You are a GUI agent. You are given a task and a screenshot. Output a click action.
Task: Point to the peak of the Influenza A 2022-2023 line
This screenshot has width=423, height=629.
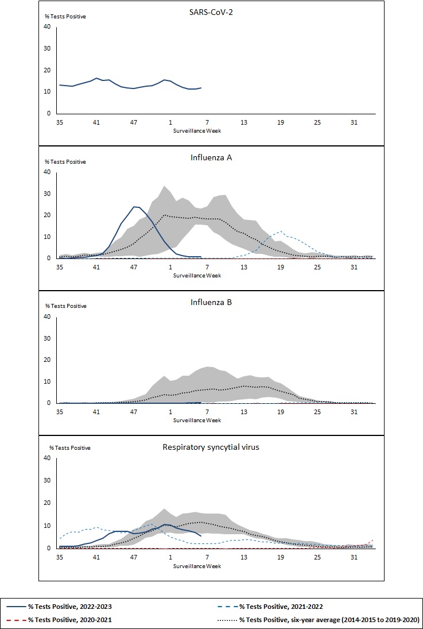134,207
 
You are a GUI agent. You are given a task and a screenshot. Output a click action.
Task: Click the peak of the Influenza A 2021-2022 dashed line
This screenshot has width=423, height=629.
280,231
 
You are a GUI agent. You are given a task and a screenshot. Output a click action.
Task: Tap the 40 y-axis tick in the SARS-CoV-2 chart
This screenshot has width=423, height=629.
47,26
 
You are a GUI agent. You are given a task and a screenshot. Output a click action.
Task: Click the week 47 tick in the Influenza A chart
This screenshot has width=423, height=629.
133,267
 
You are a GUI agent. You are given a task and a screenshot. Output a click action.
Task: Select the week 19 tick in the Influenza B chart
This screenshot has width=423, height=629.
281,411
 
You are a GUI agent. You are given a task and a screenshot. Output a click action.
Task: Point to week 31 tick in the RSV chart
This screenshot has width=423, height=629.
354,557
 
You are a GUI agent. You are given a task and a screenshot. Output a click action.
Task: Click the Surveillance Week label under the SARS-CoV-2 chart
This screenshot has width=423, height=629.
197,130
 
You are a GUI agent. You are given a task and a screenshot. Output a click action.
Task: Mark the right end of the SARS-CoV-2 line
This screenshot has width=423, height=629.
201,88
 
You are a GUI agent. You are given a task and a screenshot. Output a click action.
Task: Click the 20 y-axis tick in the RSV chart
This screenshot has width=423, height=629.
47,503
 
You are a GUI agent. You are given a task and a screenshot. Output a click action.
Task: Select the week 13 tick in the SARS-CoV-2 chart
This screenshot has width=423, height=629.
244,122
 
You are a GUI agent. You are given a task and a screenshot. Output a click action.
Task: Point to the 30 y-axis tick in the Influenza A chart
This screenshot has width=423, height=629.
47,194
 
